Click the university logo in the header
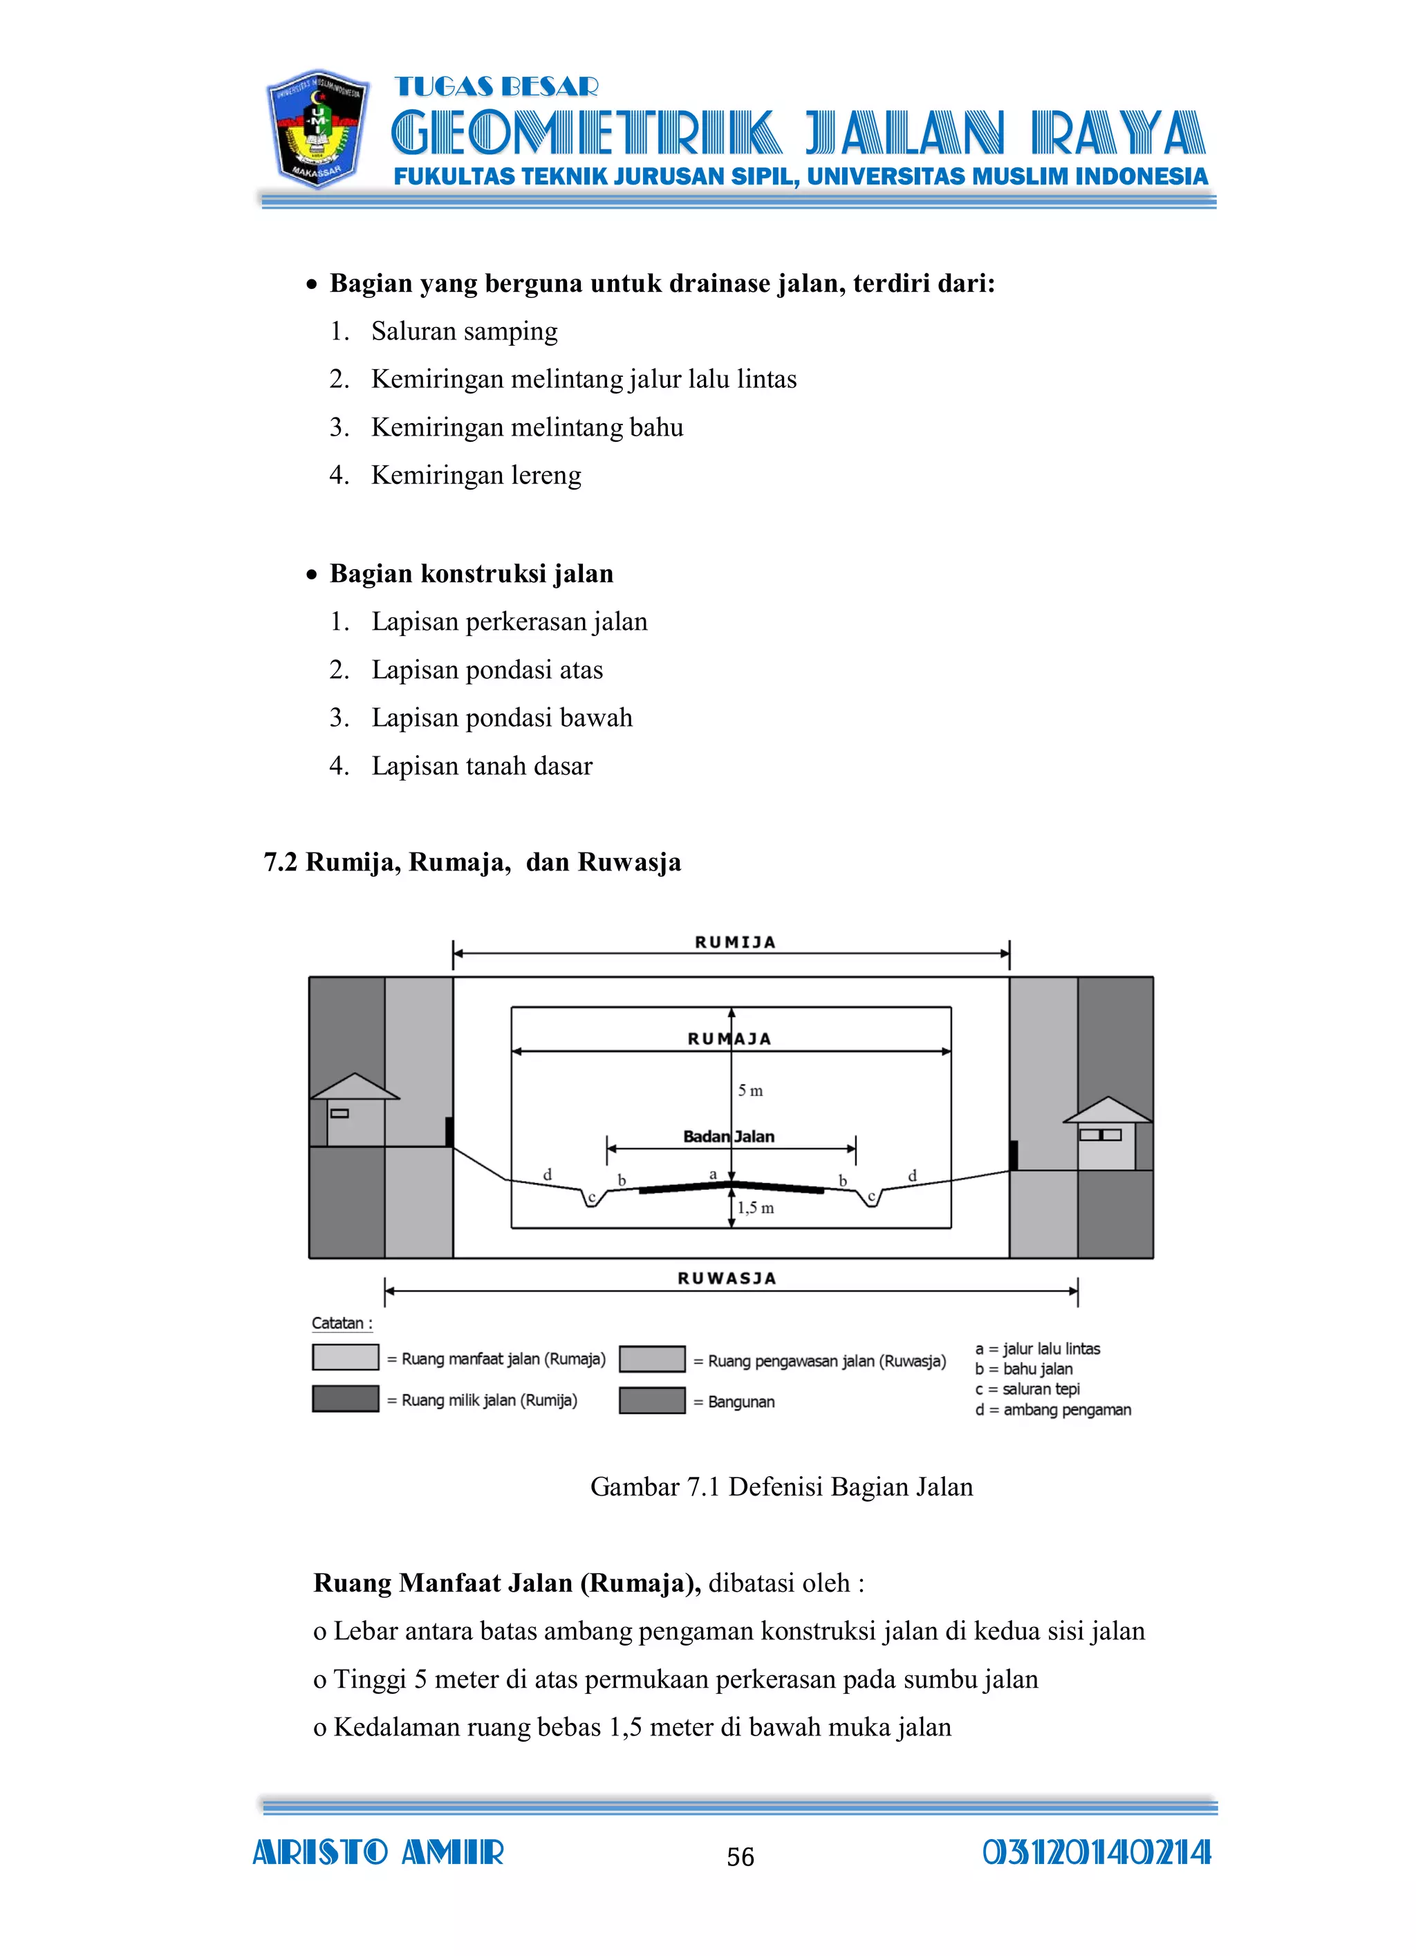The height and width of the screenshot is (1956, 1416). click(317, 129)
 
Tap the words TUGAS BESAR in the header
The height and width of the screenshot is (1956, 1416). click(496, 87)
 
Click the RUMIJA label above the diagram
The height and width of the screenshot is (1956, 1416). click(735, 942)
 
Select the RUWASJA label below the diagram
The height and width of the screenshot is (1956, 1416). click(727, 1278)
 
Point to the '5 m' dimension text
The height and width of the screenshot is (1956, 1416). click(750, 1091)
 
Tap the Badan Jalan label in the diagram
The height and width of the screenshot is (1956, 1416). click(729, 1137)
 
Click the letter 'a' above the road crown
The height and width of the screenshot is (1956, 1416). click(713, 1174)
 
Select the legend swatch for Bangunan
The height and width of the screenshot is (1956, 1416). click(652, 1401)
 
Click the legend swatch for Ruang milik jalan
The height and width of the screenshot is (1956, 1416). click(345, 1399)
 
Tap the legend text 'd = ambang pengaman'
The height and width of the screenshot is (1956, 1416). click(1053, 1410)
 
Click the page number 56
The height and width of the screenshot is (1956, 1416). click(740, 1857)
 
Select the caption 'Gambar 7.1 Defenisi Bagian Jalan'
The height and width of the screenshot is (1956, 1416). click(781, 1487)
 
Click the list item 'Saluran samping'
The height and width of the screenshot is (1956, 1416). click(464, 331)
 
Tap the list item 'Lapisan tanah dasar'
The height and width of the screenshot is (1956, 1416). click(481, 766)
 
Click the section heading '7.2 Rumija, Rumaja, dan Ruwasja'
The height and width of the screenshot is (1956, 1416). click(472, 862)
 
